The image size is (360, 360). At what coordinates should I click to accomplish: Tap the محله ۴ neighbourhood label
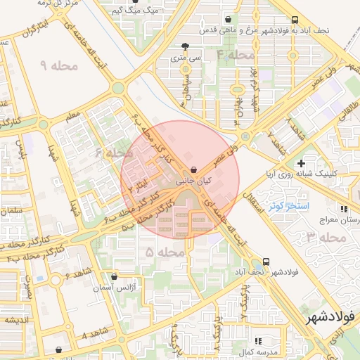236,54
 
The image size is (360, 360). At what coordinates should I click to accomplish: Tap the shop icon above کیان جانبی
193,169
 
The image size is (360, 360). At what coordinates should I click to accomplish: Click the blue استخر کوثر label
285,205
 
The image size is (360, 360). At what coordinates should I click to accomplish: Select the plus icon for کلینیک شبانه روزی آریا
302,163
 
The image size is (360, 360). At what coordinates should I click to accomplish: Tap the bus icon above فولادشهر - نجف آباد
265,261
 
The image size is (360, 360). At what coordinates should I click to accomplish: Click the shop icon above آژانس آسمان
115,277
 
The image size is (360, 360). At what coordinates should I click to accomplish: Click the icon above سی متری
185,46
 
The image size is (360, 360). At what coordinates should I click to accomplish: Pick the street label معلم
73,116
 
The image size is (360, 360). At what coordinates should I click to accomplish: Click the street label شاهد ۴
94,333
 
